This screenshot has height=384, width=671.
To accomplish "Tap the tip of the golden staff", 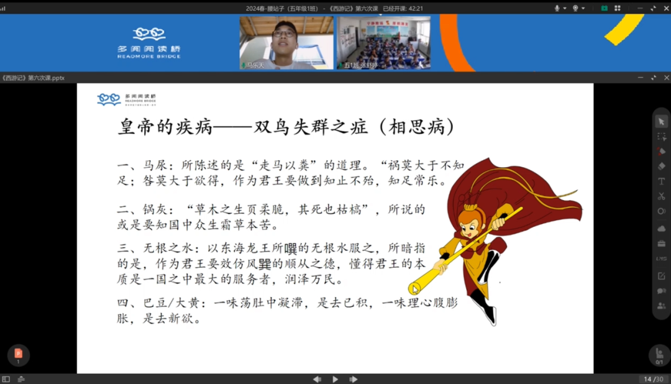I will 415,288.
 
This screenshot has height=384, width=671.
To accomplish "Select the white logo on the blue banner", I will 149,42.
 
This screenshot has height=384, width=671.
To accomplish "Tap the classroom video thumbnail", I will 383,42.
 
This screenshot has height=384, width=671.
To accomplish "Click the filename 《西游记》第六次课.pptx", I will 34,78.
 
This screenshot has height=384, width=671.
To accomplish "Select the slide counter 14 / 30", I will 652,379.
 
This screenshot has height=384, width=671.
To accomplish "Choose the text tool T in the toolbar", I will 661,181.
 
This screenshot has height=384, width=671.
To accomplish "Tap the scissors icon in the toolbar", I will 661,196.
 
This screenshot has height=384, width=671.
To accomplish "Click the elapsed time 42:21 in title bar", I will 412,8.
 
